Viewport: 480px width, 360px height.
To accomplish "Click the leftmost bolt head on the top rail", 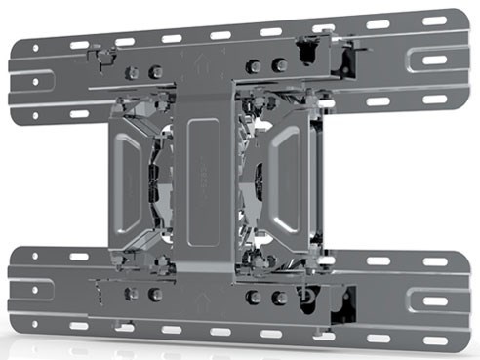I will (x=135, y=70).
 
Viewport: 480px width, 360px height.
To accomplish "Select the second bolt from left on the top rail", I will (x=154, y=71).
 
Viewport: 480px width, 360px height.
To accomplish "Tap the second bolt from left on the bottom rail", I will (x=154, y=294).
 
